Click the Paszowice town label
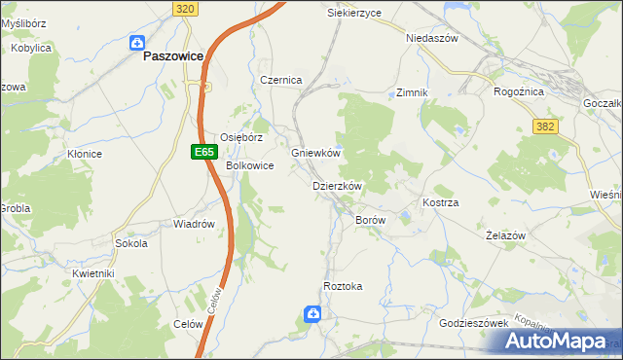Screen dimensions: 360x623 [172, 56]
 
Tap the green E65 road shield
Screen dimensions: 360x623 [202, 152]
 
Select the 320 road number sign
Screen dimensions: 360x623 [187, 8]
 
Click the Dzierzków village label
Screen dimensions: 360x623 [337, 186]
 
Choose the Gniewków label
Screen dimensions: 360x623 [315, 154]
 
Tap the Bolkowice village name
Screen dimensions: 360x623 [250, 166]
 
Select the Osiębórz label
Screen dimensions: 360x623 [241, 138]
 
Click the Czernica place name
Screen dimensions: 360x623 [280, 80]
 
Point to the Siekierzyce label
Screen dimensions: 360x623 [353, 14]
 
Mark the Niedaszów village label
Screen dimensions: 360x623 [431, 38]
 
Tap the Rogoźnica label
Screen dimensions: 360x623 [518, 92]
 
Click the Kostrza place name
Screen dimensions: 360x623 [440, 202]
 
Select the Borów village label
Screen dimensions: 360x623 [371, 221]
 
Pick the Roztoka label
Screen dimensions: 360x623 [343, 286]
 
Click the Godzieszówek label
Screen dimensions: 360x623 [474, 323]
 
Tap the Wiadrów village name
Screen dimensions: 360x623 [194, 224]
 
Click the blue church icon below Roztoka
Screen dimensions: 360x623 [312, 313]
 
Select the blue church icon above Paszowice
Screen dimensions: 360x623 [137, 43]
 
